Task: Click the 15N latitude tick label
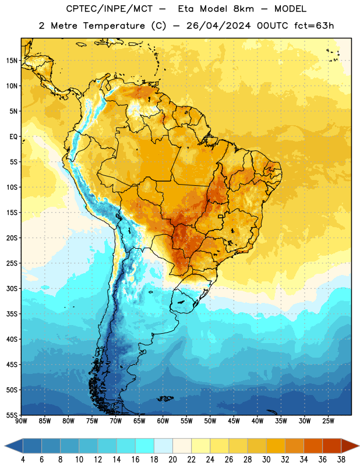12,61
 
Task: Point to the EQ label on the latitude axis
13,137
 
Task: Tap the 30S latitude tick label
12,288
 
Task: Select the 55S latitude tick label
12,415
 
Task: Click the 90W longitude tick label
21,421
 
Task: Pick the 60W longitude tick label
163,421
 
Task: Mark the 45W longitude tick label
234,421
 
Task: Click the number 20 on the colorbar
172,460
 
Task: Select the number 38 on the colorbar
341,460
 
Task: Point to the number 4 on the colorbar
23,460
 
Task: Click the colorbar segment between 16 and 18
145,446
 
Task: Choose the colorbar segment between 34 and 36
313,446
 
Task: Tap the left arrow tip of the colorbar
5,446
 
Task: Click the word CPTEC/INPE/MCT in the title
109,9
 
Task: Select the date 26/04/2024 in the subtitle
218,26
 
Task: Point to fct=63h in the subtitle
314,26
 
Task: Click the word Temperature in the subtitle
114,26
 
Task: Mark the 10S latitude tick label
12,187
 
